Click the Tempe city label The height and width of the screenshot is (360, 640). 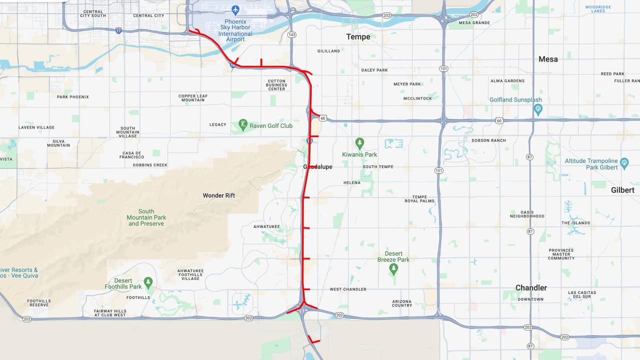tap(358, 36)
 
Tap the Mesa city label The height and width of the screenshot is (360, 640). tap(548, 59)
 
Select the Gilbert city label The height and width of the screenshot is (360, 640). tap(622, 190)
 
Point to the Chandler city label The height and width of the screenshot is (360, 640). tap(531, 287)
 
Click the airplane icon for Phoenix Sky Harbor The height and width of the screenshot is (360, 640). tap(235, 9)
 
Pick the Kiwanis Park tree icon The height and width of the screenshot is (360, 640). tap(360, 143)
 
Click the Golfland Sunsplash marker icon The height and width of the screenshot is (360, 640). tap(538, 108)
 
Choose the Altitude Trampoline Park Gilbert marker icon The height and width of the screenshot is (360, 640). tap(624, 162)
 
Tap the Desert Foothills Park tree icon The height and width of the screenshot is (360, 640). tap(148, 282)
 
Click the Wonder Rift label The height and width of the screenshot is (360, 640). tap(218, 195)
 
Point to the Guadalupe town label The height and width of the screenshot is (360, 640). tap(317, 166)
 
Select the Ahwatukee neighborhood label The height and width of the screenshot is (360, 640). tap(266, 226)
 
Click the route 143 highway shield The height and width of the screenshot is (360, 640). tap(292, 34)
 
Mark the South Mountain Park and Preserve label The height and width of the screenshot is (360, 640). tap(146, 217)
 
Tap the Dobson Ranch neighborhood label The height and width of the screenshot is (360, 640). tap(488, 140)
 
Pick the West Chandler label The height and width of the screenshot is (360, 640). tap(347, 289)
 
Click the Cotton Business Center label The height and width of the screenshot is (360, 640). tap(276, 84)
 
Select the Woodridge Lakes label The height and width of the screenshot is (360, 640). tap(598, 8)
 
